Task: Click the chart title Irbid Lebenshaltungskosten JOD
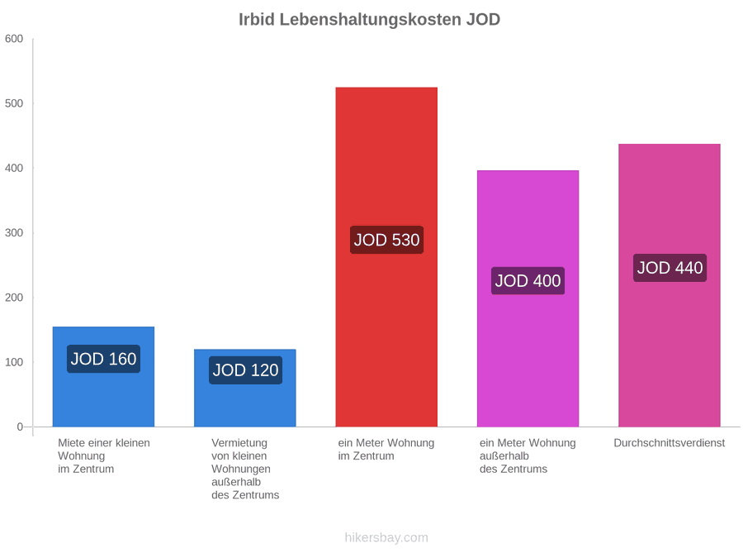tap(369, 20)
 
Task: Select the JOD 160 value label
tap(103, 359)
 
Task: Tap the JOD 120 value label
tap(245, 370)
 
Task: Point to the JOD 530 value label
tap(386, 240)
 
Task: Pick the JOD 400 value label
tap(528, 280)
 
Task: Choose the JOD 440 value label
tap(670, 268)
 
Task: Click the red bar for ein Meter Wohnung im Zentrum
tap(386, 257)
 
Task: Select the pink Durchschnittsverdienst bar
tap(670, 285)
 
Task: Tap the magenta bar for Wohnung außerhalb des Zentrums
tap(528, 298)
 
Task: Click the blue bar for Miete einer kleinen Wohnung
tap(103, 377)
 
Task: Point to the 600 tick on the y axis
tap(14, 39)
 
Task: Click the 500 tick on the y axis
tap(14, 103)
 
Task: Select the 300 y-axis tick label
tap(14, 233)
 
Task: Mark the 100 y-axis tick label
tap(14, 362)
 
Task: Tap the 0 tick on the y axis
tap(20, 427)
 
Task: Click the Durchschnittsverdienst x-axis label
tap(669, 443)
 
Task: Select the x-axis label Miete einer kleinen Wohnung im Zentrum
tap(104, 456)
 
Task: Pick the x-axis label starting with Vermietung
tap(245, 469)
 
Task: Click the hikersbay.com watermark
tap(386, 537)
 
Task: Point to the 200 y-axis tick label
tap(14, 298)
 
